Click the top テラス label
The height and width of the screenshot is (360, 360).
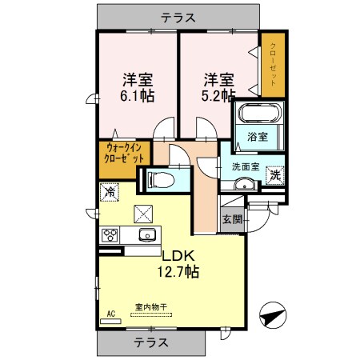[180, 16]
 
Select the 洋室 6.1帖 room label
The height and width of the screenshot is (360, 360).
[138, 87]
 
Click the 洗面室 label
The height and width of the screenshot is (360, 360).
[246, 166]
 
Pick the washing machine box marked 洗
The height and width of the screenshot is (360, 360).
[274, 174]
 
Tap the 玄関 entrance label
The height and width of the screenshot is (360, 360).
[232, 219]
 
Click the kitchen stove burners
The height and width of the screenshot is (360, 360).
[110, 235]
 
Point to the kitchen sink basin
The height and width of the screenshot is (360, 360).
[146, 235]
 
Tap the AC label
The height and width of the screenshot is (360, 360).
[110, 314]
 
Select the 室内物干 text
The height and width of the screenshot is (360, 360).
[151, 306]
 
